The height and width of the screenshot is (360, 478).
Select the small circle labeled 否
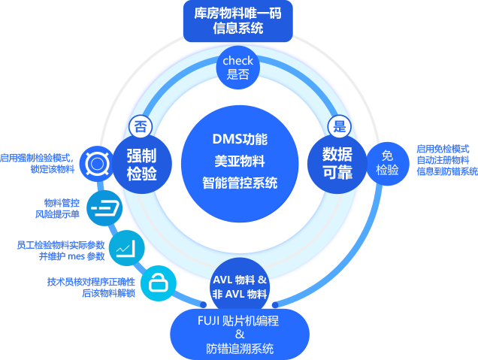click(x=141, y=126)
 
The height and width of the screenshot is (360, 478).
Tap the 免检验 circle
click(x=388, y=163)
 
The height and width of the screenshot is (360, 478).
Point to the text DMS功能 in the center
click(x=240, y=140)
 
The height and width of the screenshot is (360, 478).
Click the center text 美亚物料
click(x=240, y=161)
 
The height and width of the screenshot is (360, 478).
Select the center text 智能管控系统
click(x=240, y=182)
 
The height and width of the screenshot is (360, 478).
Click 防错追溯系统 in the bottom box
click(x=240, y=348)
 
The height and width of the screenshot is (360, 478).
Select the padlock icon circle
click(x=159, y=283)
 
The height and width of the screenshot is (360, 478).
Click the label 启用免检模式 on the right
click(x=443, y=149)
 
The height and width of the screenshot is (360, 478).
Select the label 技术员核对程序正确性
click(x=91, y=281)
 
